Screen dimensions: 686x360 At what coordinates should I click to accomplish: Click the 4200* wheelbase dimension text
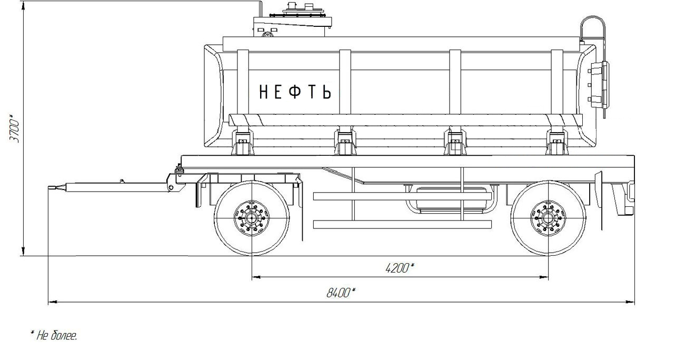point(400,268)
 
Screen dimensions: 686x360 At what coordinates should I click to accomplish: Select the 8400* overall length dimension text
point(341,293)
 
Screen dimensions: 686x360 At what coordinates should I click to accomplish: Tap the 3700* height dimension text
point(15,128)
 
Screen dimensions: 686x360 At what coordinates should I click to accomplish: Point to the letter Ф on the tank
point(295,92)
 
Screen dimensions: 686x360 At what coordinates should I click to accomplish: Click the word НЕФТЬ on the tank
point(295,92)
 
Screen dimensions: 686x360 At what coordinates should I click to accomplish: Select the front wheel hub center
point(252,218)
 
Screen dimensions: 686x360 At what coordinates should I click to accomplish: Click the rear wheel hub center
point(548,218)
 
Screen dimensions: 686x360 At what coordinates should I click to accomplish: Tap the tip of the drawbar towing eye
point(48,187)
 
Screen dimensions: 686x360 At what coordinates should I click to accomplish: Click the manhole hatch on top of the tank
point(303,11)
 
